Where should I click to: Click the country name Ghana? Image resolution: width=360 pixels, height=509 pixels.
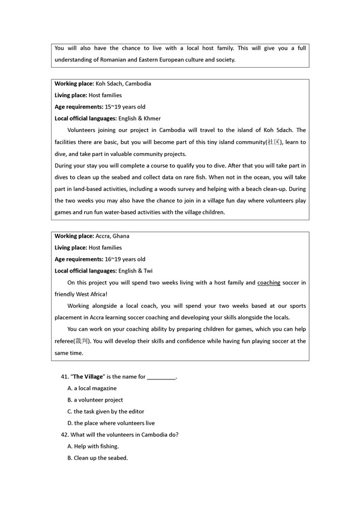[x=121, y=236]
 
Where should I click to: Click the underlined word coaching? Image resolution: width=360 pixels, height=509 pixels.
[x=269, y=282]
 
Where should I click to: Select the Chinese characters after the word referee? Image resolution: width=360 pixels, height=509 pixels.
[x=82, y=341]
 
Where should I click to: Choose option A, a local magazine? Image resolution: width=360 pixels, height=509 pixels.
[x=92, y=388]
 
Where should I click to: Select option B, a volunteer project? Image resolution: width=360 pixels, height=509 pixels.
[x=95, y=400]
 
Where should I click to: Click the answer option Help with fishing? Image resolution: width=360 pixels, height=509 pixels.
[x=96, y=446]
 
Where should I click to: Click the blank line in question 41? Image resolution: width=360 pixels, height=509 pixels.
[x=161, y=377]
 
